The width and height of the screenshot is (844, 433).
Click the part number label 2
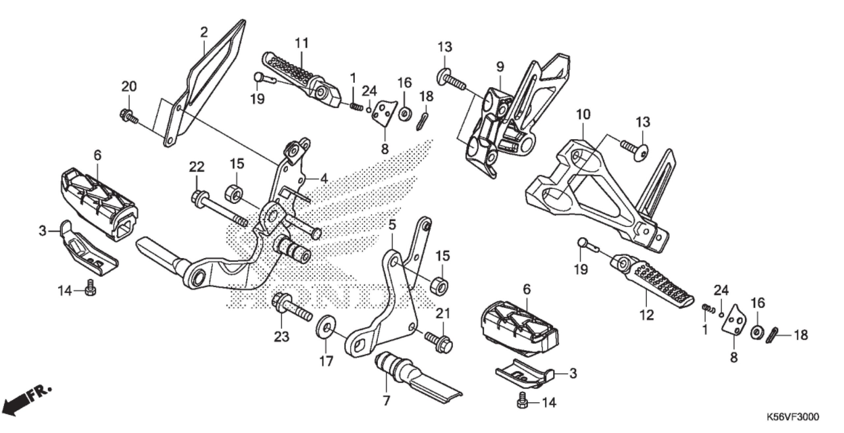pyautogui.click(x=204, y=33)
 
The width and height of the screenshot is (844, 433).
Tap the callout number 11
pyautogui.click(x=301, y=43)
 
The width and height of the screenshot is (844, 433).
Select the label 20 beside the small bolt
pyautogui.click(x=129, y=87)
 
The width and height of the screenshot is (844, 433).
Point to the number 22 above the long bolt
pyautogui.click(x=196, y=167)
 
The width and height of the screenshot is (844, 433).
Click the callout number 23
pyautogui.click(x=282, y=337)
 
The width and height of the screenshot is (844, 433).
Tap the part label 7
pyautogui.click(x=386, y=401)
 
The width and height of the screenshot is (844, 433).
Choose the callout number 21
pyautogui.click(x=443, y=314)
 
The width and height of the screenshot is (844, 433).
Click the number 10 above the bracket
pyautogui.click(x=584, y=115)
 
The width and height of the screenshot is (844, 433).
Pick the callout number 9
pyautogui.click(x=500, y=67)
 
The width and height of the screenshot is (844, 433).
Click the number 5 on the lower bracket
pyautogui.click(x=392, y=225)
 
